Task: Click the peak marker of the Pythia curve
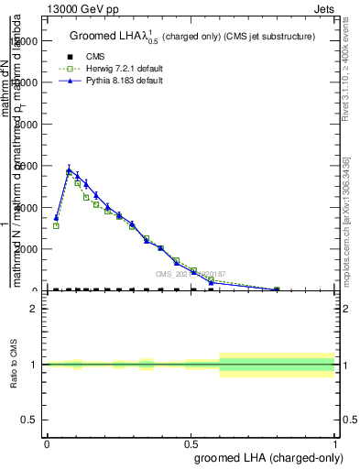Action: (70, 169)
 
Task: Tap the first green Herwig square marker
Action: (56, 225)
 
